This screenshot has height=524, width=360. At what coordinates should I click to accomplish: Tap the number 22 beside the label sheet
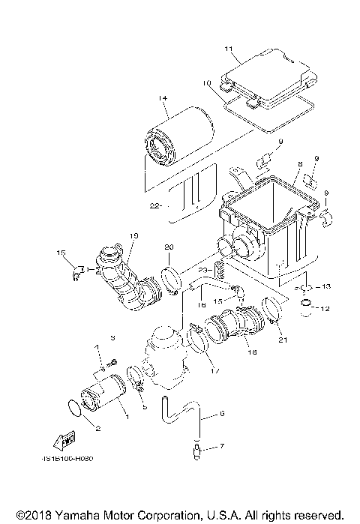click(154, 204)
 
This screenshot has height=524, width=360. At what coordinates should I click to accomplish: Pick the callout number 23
click(203, 270)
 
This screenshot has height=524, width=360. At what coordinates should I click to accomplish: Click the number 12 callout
click(324, 308)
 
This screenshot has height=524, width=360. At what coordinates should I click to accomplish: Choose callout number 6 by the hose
click(222, 413)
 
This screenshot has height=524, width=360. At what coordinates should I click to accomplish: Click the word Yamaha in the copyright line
click(75, 516)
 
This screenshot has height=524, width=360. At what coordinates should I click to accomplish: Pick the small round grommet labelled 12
click(306, 307)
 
